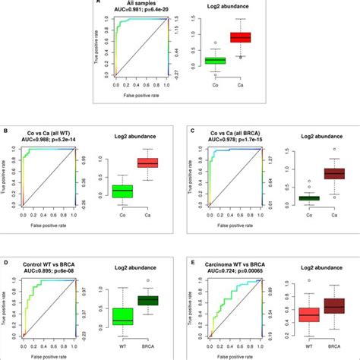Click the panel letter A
pyautogui.click(x=97, y=3)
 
